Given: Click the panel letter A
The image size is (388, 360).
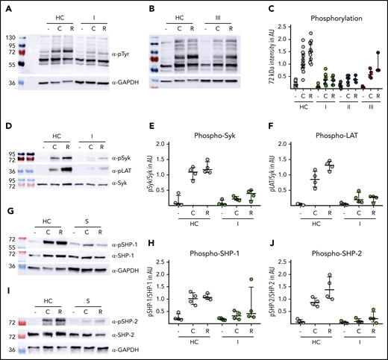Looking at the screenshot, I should point(5,7).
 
